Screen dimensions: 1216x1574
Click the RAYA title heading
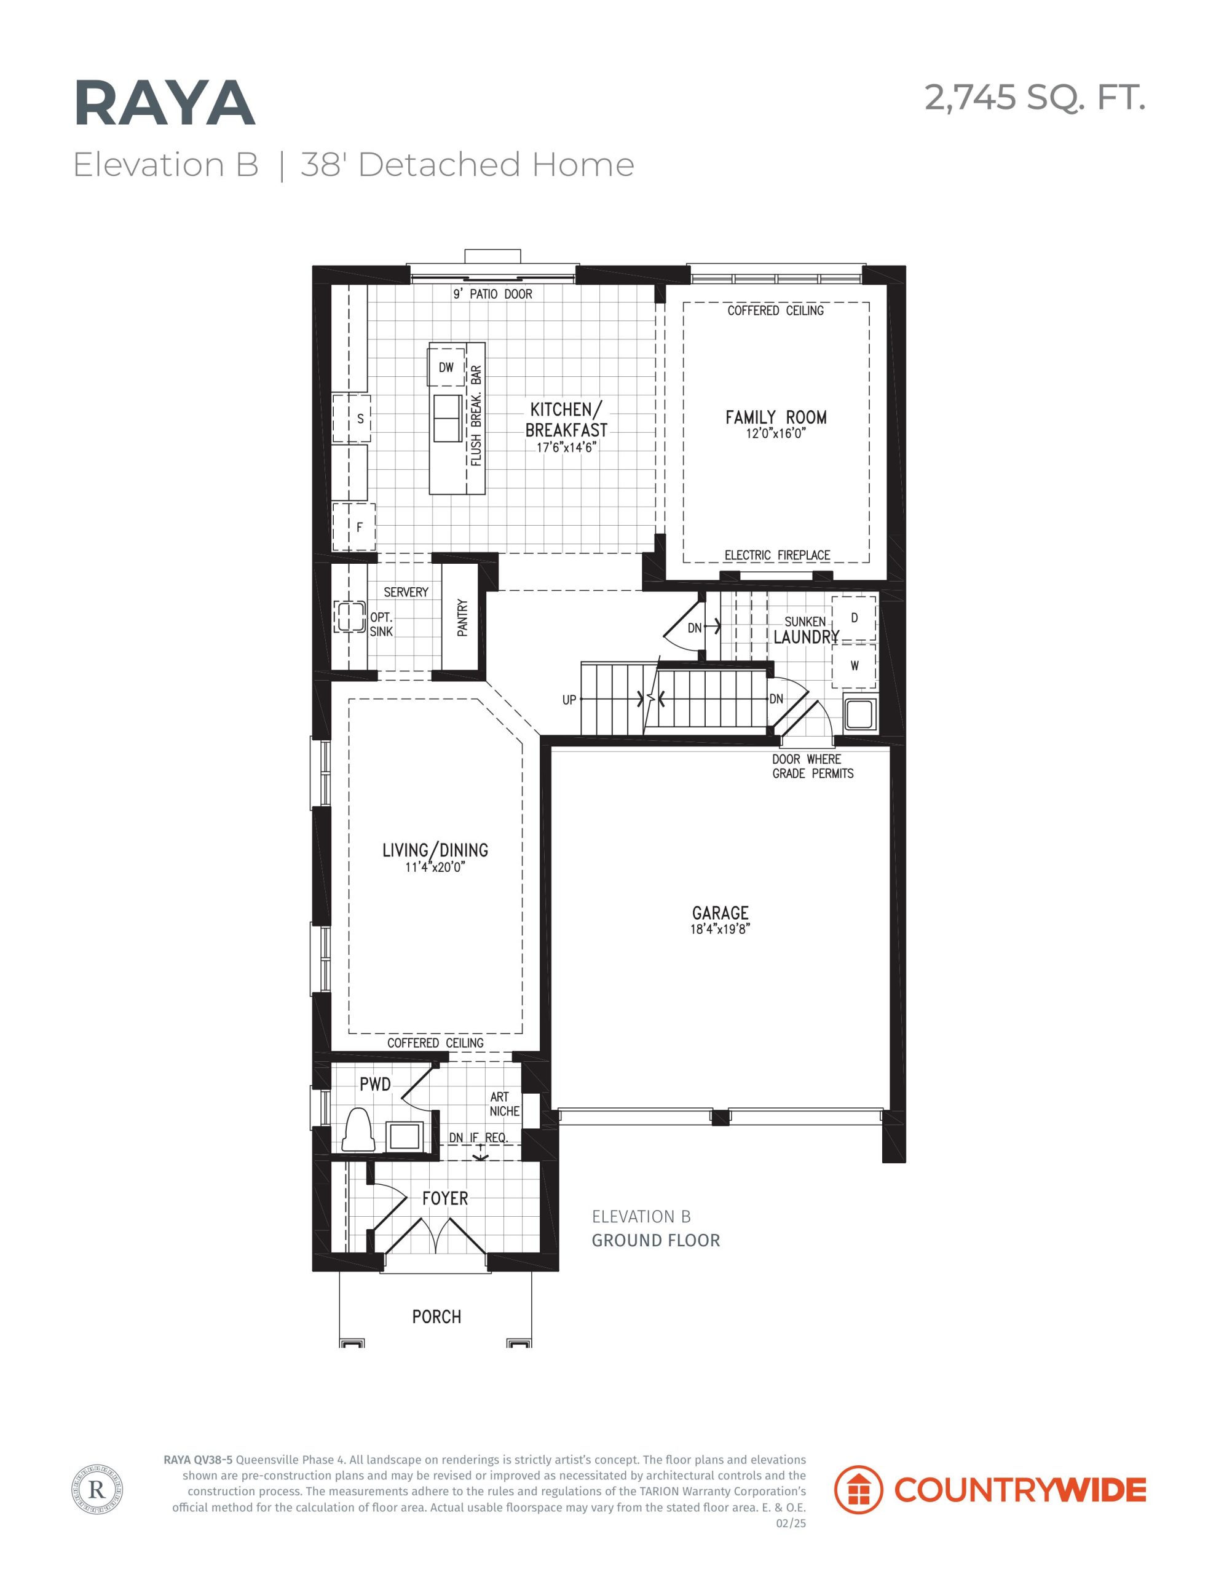click(x=164, y=104)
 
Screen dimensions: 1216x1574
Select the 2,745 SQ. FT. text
click(x=1035, y=97)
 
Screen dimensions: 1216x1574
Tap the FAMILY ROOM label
click(x=776, y=417)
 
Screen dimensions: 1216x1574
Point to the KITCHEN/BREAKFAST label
click(x=567, y=419)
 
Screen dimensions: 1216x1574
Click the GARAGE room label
click(x=720, y=913)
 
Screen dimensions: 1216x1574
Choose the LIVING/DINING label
click(x=435, y=850)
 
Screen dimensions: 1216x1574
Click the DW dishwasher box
click(x=446, y=367)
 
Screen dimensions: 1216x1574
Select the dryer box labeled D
click(x=854, y=618)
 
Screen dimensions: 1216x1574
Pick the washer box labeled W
click(x=854, y=665)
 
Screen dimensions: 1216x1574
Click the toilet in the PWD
click(x=358, y=1129)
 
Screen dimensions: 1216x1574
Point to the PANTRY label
click(x=463, y=618)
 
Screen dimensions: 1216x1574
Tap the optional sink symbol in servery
click(x=350, y=617)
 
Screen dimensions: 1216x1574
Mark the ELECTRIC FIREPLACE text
click(x=777, y=555)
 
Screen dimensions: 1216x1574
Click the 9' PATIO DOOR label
click(x=492, y=294)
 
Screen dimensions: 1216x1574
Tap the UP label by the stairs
click(x=569, y=700)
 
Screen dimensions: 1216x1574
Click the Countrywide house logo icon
click(x=858, y=1489)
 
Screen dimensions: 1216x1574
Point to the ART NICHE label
click(x=505, y=1104)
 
